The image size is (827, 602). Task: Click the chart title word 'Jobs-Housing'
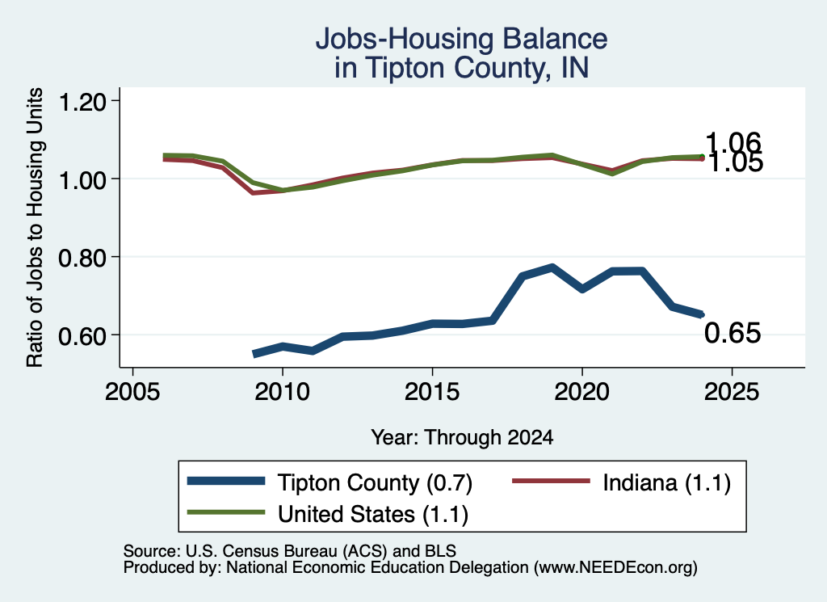[405, 39]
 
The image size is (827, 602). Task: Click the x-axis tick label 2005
[133, 392]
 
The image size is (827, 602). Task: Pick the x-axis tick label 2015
[433, 392]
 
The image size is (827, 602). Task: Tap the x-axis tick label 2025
[732, 392]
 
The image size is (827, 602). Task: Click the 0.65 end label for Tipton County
[733, 333]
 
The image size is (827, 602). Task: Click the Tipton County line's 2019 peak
[552, 268]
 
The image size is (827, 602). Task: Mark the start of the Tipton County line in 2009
[254, 354]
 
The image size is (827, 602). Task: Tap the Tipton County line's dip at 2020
[582, 289]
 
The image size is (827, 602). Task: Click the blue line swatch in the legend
[226, 481]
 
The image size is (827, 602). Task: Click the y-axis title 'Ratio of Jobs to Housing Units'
[34, 227]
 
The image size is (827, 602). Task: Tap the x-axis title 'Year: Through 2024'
[462, 437]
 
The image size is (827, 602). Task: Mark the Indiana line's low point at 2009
[254, 192]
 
